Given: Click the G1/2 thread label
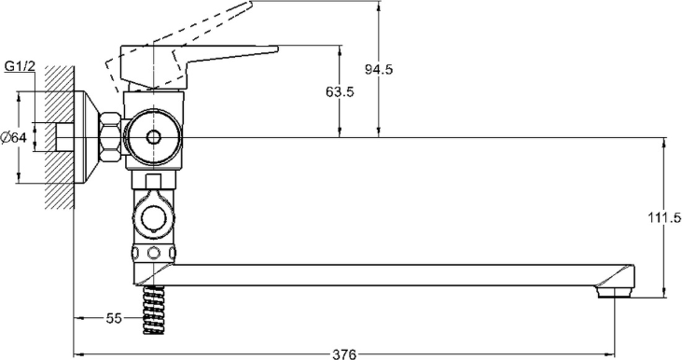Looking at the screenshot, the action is pyautogui.click(x=20, y=66).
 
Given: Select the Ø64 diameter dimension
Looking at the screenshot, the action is pyautogui.click(x=14, y=137).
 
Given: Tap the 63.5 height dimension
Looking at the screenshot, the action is pyautogui.click(x=340, y=91).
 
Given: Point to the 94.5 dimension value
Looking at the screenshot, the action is pyautogui.click(x=379, y=69).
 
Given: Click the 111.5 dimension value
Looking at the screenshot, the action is pyautogui.click(x=663, y=218).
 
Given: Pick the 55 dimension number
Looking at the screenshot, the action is pyautogui.click(x=114, y=319).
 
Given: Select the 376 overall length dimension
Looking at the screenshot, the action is pyautogui.click(x=344, y=353).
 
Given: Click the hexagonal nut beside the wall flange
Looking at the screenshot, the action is pyautogui.click(x=110, y=137).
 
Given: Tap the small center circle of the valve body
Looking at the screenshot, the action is pyautogui.click(x=153, y=137).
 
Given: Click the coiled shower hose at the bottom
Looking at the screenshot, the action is pyautogui.click(x=154, y=310).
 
